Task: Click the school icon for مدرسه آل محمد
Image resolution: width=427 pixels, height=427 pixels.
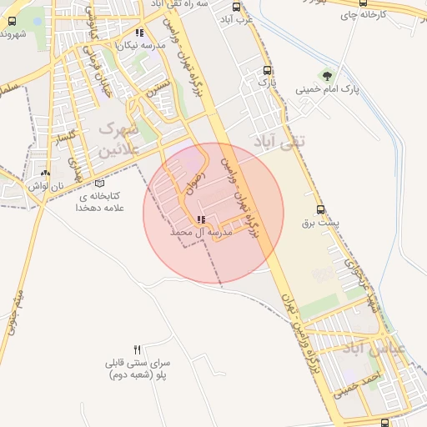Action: tap(200, 220)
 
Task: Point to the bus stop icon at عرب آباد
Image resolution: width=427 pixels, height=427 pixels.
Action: tap(236, 7)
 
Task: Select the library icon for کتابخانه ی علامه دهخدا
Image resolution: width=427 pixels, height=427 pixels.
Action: tap(100, 183)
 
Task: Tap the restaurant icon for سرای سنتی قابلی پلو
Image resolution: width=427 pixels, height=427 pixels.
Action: tap(138, 349)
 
